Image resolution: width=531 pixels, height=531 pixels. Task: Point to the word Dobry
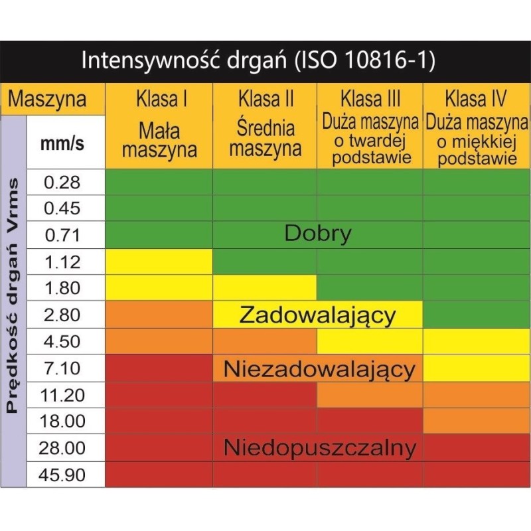point(317,234)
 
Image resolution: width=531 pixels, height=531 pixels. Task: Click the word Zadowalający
point(317,315)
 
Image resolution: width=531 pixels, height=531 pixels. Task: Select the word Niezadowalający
point(319,369)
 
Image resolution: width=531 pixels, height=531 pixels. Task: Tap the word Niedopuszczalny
point(319,449)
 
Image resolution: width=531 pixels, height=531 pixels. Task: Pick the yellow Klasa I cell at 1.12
point(160,262)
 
